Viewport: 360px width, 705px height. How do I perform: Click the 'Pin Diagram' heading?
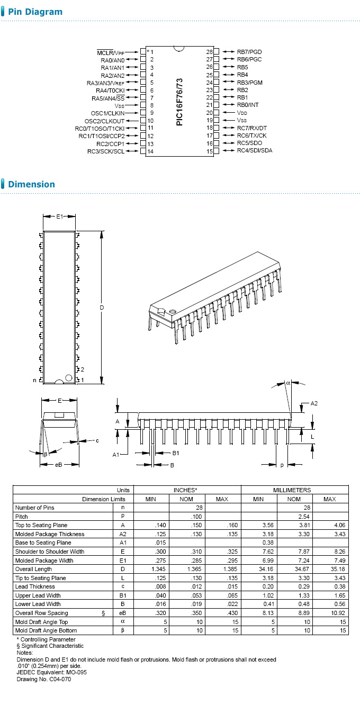pos(35,12)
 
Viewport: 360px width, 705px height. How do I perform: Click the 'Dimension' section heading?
pos(31,184)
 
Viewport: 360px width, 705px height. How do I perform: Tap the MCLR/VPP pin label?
pos(112,52)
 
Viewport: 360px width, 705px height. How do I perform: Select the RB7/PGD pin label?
pos(249,52)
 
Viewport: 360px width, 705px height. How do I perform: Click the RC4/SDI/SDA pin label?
pos(255,151)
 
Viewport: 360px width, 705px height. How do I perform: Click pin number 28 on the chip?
pos(209,52)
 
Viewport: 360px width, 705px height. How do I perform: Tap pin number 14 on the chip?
pos(151,152)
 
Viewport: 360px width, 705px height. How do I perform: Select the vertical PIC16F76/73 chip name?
pos(179,102)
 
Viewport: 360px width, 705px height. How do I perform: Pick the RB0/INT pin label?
pos(248,105)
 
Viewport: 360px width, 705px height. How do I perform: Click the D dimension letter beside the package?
pos(102,308)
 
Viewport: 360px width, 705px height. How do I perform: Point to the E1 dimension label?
pos(59,216)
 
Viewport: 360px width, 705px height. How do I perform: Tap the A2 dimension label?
pos(314,403)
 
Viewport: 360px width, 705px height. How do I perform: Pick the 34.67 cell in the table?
pos(294,569)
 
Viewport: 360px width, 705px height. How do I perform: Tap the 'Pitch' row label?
pos(22,516)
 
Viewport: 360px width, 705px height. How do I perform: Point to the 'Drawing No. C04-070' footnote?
pos(43,679)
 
